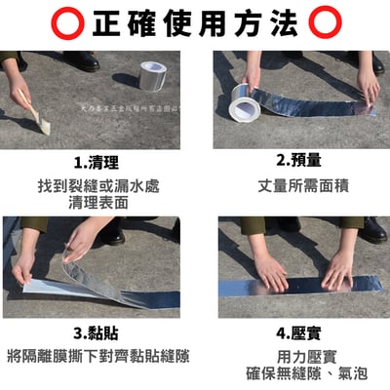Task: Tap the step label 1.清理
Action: point(97,162)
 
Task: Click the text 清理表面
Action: point(97,203)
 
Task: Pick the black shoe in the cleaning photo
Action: point(83,61)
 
